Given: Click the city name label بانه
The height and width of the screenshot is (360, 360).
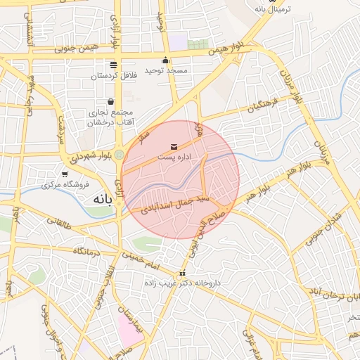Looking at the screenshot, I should pyautogui.click(x=103, y=200).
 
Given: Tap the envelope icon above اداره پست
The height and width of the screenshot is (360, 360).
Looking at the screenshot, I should pyautogui.click(x=174, y=146).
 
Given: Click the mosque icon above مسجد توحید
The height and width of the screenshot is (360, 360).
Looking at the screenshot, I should pyautogui.click(x=165, y=60).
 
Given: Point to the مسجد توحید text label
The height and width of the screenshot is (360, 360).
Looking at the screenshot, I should pyautogui.click(x=166, y=70).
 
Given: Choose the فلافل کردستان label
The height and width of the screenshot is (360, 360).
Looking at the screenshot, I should pyautogui.click(x=112, y=75).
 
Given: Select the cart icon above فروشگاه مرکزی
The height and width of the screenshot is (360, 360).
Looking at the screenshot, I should pyautogui.click(x=65, y=174).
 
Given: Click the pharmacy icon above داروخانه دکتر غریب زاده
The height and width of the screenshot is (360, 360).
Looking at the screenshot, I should pyautogui.click(x=183, y=273).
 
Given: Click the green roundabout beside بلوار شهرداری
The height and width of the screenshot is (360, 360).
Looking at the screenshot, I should pyautogui.click(x=120, y=154).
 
